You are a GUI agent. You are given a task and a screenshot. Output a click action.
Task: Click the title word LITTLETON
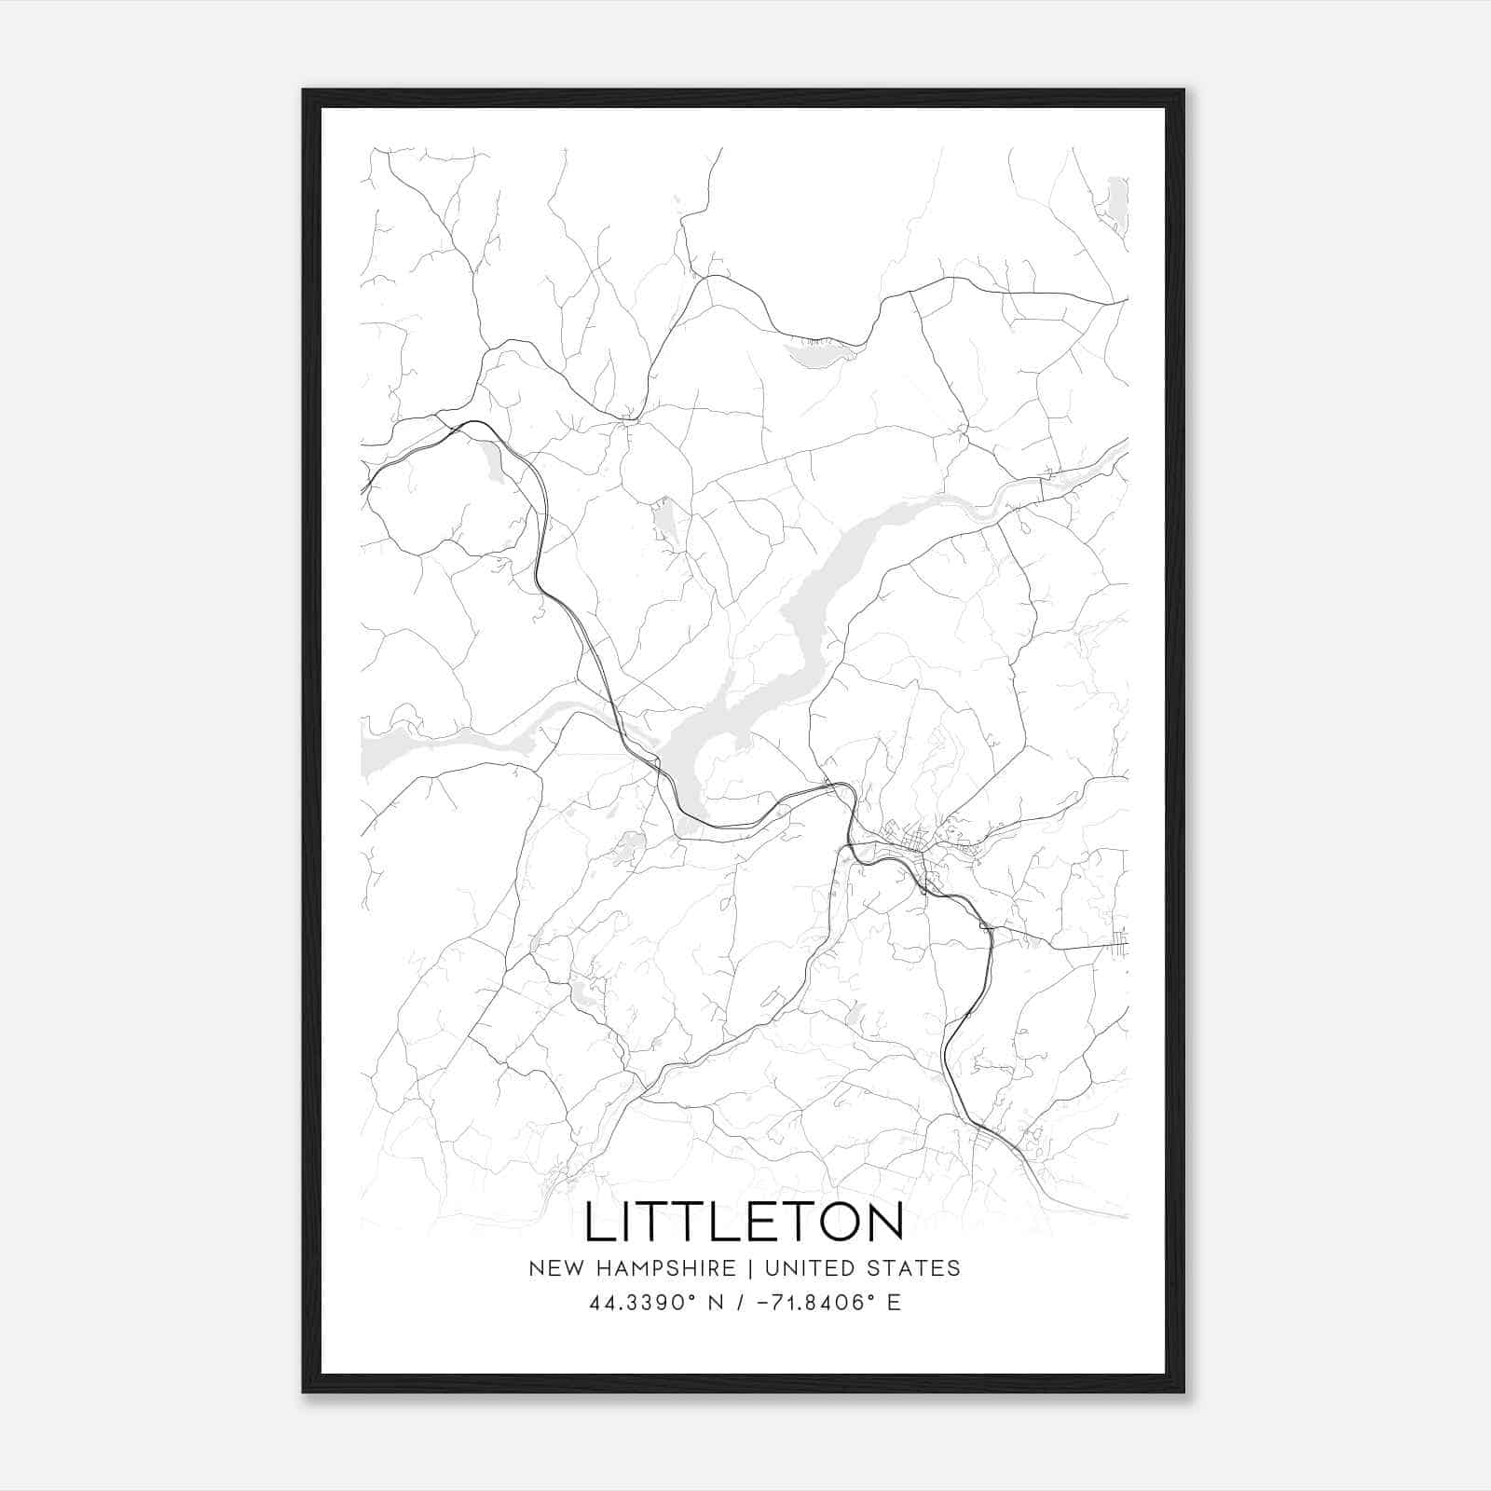[744, 1222]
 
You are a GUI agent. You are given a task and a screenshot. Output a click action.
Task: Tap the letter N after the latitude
[716, 1303]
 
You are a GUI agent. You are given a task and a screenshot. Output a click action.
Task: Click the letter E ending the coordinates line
[894, 1303]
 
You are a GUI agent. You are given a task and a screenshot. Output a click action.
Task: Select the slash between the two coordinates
[741, 1303]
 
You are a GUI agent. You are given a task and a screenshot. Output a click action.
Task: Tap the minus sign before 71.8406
[763, 1303]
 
